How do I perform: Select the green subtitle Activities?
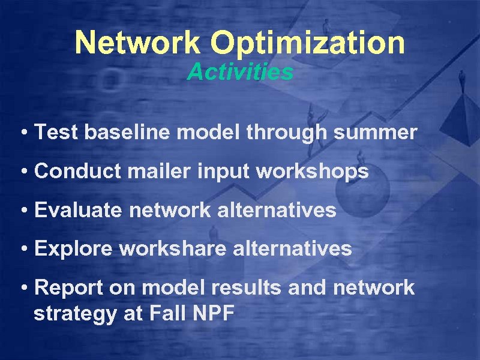tap(240, 72)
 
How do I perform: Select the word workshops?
tap(312, 172)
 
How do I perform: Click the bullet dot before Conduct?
tap(23, 172)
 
